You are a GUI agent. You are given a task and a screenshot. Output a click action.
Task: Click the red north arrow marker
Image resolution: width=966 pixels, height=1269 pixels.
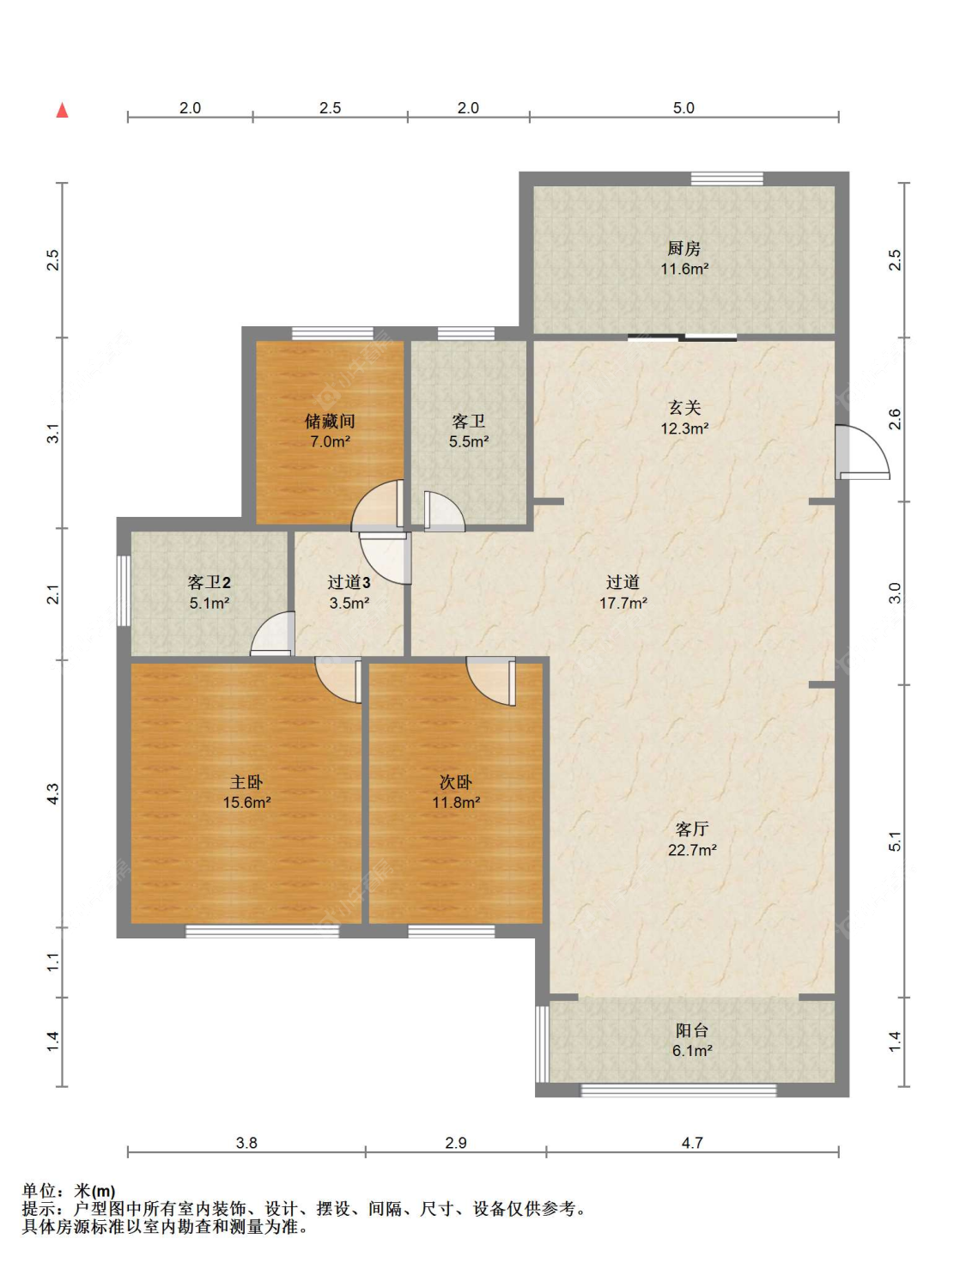click(62, 110)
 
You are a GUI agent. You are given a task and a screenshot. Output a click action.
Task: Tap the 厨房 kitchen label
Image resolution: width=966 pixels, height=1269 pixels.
click(683, 249)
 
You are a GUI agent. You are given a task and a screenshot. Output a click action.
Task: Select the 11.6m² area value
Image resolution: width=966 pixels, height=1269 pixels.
click(684, 269)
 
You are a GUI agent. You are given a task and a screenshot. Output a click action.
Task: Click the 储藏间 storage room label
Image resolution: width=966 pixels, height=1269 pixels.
click(330, 421)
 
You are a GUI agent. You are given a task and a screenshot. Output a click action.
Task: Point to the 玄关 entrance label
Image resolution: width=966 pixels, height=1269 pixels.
click(684, 408)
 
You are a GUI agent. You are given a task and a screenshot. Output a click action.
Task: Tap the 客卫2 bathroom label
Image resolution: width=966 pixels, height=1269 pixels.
click(209, 582)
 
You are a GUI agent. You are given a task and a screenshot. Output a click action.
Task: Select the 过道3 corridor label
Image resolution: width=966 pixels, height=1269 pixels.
click(349, 582)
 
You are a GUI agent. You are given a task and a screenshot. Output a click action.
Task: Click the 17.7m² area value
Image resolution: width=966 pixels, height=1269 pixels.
click(623, 603)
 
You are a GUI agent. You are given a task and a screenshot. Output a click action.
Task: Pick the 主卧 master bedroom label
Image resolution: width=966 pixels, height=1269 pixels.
click(246, 781)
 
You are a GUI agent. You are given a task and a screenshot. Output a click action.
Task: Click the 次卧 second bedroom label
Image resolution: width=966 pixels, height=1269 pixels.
click(456, 781)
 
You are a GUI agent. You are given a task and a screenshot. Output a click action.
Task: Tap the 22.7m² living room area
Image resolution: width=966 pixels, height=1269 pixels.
click(692, 850)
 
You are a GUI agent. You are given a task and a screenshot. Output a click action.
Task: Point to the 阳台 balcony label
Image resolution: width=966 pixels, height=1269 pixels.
click(691, 1029)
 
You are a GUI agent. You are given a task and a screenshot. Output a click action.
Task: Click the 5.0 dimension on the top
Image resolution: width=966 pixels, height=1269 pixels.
click(683, 108)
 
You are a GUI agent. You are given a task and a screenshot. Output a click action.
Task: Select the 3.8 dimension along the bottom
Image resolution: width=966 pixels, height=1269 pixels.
click(246, 1143)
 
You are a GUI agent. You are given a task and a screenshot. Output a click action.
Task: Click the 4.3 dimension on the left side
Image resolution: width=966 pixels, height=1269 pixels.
click(53, 793)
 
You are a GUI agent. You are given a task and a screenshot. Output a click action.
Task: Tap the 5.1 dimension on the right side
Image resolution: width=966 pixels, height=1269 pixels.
click(895, 841)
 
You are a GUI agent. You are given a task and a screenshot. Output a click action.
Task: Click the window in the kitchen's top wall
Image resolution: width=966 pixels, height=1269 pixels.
click(727, 179)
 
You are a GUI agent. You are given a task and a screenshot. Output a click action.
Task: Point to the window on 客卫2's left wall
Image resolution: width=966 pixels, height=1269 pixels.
click(124, 590)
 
